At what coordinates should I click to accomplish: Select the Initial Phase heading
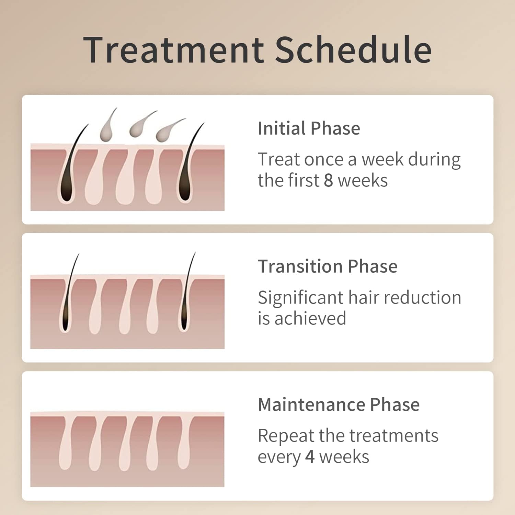coord(309,128)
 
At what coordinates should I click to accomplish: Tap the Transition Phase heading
coord(328,266)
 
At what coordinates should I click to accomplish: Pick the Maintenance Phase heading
coord(339,404)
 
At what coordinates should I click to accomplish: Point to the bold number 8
coord(328,181)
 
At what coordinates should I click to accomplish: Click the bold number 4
coord(310,457)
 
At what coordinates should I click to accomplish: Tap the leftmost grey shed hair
coord(106,129)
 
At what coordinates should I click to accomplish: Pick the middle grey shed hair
coord(139,125)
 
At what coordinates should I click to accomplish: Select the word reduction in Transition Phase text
coord(422,298)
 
